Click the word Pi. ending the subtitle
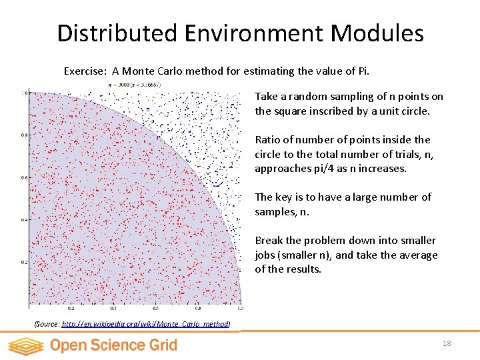point(363,71)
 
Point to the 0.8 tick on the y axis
point(25,135)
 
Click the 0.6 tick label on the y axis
point(25,177)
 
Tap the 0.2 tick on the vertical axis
point(25,262)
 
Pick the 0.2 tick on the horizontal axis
point(71,309)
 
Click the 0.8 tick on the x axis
point(197,309)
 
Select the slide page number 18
point(446,343)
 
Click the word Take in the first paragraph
point(266,97)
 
